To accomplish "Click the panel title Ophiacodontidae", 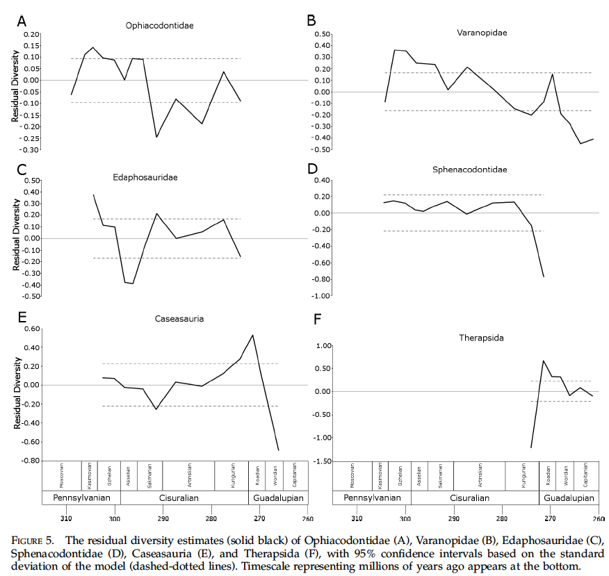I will point(159,26).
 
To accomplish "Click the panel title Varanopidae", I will point(471,33).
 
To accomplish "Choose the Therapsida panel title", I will point(481,338).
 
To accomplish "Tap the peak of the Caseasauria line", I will point(252,335).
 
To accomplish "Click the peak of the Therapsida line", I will point(543,361).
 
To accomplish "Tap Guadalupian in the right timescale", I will point(568,498).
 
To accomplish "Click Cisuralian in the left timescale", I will point(184,498).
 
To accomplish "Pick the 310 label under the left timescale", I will point(66,518).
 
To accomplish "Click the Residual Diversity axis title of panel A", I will point(15,90).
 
